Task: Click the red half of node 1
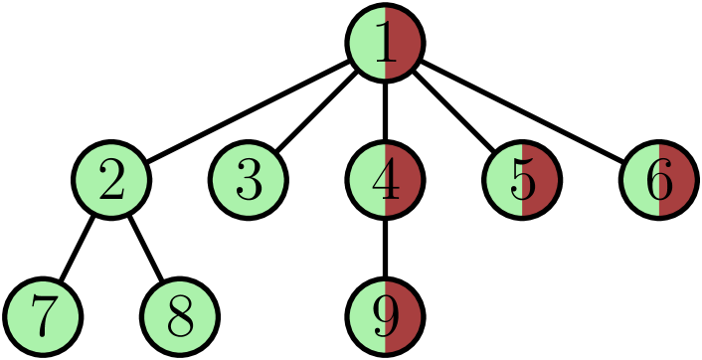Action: click(405, 44)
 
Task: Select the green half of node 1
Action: click(366, 44)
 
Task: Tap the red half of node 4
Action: click(405, 180)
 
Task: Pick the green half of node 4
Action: click(366, 180)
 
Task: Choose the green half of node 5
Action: click(503, 180)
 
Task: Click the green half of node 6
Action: click(640, 180)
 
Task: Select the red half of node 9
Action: click(405, 317)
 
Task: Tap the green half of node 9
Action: click(366, 317)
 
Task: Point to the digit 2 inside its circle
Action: click(112, 181)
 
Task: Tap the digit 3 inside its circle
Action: click(249, 181)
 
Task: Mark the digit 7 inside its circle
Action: click(43, 318)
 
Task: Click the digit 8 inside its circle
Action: click(180, 318)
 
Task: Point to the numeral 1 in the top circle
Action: click(386, 44)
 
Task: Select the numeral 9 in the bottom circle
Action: click(385, 317)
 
